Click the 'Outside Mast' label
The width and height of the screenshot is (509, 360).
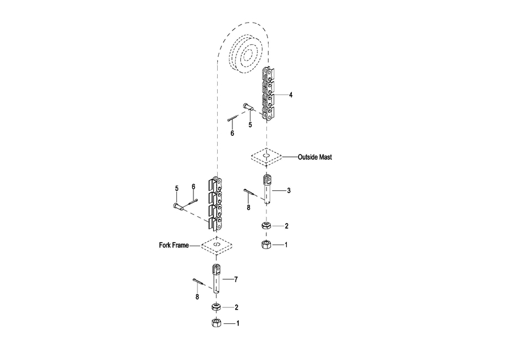(314, 157)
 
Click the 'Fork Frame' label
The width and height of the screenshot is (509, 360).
(173, 246)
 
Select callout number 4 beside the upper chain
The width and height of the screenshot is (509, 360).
(291, 95)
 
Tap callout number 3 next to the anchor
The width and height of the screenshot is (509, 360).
(288, 191)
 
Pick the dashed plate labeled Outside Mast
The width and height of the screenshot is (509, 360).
(266, 157)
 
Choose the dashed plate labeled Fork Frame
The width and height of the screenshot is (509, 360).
(217, 246)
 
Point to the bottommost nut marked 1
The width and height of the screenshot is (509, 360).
(215, 324)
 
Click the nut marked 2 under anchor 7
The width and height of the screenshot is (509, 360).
(215, 307)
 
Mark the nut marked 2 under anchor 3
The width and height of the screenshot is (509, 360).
(266, 225)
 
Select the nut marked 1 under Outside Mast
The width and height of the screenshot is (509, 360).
(266, 245)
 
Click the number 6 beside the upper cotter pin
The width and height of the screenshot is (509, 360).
(232, 134)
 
